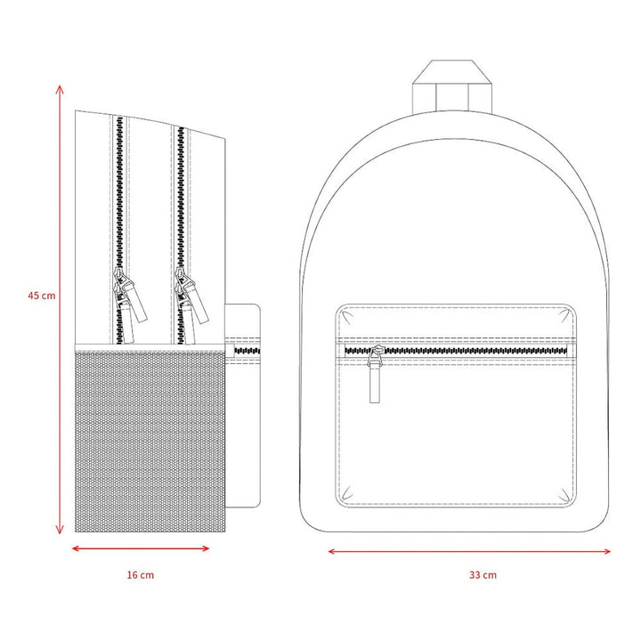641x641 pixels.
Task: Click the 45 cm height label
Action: (x=42, y=296)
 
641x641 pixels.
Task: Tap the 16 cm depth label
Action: (x=141, y=575)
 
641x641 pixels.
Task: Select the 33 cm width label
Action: (x=483, y=575)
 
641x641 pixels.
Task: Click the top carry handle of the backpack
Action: (x=452, y=86)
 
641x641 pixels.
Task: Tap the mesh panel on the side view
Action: (x=150, y=442)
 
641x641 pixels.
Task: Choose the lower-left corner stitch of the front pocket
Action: (x=346, y=492)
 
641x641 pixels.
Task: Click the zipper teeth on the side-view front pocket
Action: (x=247, y=351)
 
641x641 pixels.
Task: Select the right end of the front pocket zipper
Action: (x=567, y=351)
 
